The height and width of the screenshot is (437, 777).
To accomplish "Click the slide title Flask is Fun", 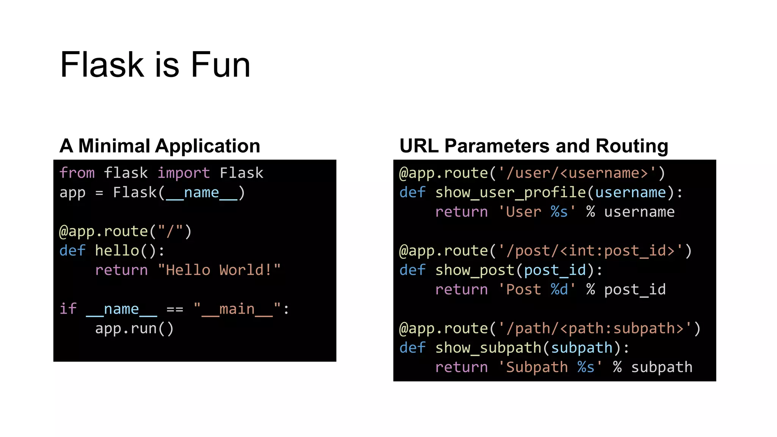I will (x=155, y=65).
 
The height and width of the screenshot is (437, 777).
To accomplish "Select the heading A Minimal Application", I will (x=160, y=146).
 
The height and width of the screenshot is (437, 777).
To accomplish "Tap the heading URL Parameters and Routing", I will (x=534, y=146).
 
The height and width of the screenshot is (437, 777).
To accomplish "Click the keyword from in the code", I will (x=77, y=173).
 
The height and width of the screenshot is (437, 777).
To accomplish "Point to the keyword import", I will (x=184, y=173).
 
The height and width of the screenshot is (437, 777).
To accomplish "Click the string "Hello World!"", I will (x=219, y=270).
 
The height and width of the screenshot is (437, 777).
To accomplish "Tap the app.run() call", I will (x=134, y=328).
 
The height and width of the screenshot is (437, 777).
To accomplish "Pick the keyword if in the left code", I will (x=68, y=309).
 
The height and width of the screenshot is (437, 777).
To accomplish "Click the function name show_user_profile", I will (x=511, y=192).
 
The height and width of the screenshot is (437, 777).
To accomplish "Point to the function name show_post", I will (x=475, y=270).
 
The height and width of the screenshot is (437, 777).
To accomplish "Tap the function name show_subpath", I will (x=488, y=347).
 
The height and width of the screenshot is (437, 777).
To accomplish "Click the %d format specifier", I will (x=560, y=289).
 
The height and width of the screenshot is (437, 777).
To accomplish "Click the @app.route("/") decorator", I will (x=126, y=231).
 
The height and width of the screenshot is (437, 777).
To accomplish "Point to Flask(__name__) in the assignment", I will (x=179, y=192).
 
